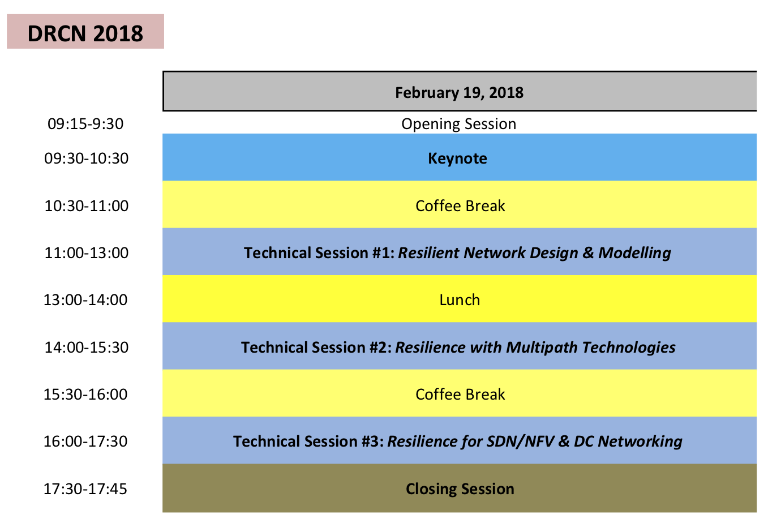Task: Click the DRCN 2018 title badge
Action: [85, 32]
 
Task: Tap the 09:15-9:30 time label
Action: [85, 124]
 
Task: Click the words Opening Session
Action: [459, 124]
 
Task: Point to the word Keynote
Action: [457, 158]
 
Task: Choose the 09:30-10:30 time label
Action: [87, 158]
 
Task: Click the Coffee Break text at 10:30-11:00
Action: [460, 206]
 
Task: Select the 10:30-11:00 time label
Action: [87, 206]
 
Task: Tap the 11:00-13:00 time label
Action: [87, 253]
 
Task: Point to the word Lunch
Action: [460, 300]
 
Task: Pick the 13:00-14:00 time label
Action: [85, 300]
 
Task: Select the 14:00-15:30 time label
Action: [87, 348]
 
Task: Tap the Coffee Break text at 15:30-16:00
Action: [460, 395]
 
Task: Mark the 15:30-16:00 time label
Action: [85, 395]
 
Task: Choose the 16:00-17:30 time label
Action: [85, 442]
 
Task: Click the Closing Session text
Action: [460, 489]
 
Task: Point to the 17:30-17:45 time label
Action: [85, 489]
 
